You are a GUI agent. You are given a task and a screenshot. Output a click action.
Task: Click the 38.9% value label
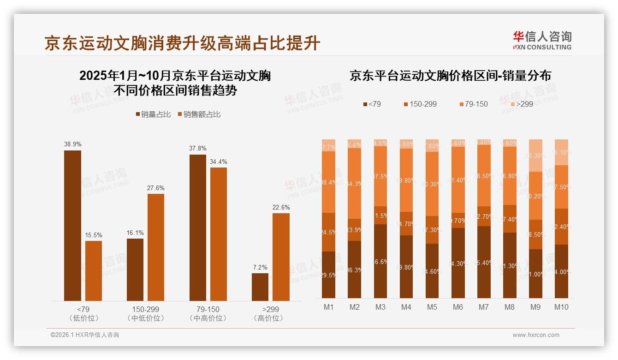click(x=72, y=144)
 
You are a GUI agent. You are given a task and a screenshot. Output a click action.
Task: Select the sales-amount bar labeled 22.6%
click(x=281, y=257)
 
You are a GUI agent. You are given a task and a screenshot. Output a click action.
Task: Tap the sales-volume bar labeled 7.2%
click(x=260, y=287)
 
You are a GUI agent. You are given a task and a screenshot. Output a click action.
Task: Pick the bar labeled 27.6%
click(x=156, y=247)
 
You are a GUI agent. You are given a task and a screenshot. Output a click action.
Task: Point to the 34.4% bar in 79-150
click(x=219, y=234)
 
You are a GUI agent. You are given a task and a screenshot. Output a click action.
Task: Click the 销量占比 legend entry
click(x=153, y=114)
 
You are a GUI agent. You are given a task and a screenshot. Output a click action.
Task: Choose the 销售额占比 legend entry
click(x=199, y=114)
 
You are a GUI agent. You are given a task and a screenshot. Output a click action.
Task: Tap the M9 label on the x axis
click(x=535, y=307)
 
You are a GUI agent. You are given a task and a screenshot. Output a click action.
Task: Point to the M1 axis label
click(x=328, y=307)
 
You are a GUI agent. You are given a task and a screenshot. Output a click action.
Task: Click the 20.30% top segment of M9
click(x=535, y=156)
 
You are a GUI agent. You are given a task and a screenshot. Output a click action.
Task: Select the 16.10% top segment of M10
click(x=561, y=152)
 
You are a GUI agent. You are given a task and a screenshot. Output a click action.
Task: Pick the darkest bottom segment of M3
click(x=380, y=261)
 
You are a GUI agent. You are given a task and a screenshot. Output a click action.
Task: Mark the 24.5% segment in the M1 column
click(x=328, y=232)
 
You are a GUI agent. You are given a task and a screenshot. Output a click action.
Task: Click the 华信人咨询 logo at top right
click(x=542, y=40)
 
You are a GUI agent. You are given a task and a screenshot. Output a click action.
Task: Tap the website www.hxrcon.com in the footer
click(x=536, y=335)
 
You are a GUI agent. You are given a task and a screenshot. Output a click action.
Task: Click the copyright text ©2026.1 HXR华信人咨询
click(x=84, y=335)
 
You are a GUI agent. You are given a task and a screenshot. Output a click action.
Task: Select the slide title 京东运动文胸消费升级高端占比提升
click(x=182, y=43)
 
